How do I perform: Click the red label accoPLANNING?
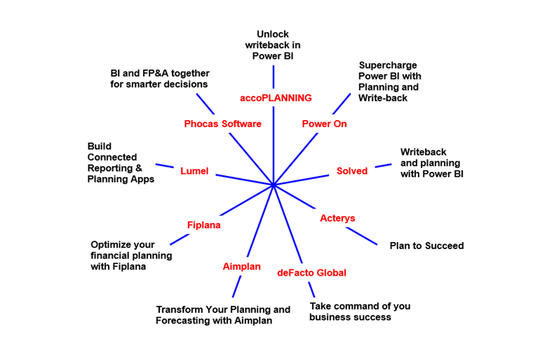[276, 98]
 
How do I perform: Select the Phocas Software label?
[222, 124]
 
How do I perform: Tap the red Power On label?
[325, 124]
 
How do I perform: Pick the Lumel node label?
[194, 171]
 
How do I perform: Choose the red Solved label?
[352, 171]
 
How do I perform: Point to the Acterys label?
[337, 218]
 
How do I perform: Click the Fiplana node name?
[204, 225]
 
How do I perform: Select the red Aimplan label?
[242, 267]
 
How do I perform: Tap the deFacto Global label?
[312, 272]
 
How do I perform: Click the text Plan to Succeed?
[426, 246]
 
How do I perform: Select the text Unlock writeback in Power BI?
[273, 45]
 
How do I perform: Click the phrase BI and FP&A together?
[160, 73]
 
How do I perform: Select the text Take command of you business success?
[360, 312]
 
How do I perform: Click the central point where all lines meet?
[273, 185]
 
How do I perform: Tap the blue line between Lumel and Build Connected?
[164, 166]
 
